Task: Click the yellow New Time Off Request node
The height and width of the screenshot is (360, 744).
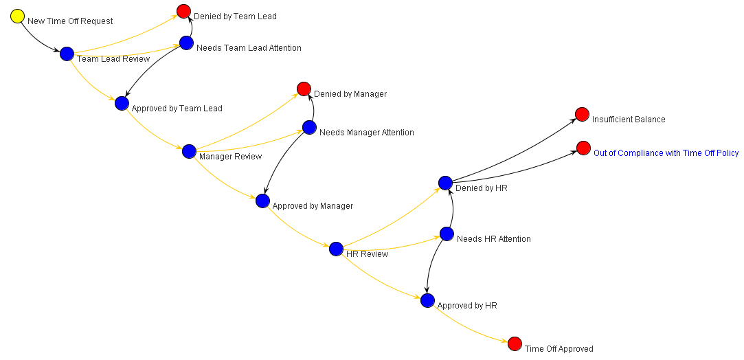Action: pos(18,16)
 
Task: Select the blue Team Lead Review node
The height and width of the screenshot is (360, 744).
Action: pos(67,54)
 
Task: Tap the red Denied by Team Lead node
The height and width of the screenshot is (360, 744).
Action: pos(183,11)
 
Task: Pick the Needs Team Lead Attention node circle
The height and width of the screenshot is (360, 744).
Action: pos(186,43)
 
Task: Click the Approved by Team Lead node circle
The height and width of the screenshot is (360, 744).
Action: pos(122,103)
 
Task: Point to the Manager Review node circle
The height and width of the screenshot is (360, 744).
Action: pos(189,151)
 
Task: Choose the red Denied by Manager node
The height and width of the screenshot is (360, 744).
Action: pos(304,89)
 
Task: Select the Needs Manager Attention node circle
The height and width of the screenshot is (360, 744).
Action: pos(309,127)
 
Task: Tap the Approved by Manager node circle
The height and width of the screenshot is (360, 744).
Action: pos(262,201)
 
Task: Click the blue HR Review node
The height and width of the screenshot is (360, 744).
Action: pos(336,249)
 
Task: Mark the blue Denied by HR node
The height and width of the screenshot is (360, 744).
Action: pos(445,182)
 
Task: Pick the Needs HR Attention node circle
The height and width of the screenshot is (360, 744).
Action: pos(447,234)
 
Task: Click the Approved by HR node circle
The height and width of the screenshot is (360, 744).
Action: pos(427,300)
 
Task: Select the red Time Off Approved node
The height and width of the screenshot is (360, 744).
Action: pos(515,344)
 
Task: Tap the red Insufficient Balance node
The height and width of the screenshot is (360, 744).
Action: pos(582,114)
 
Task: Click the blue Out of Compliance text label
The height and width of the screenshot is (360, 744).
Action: pos(666,153)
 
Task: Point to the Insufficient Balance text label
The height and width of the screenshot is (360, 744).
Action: pos(629,120)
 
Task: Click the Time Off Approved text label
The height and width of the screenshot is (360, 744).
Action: pos(559,349)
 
